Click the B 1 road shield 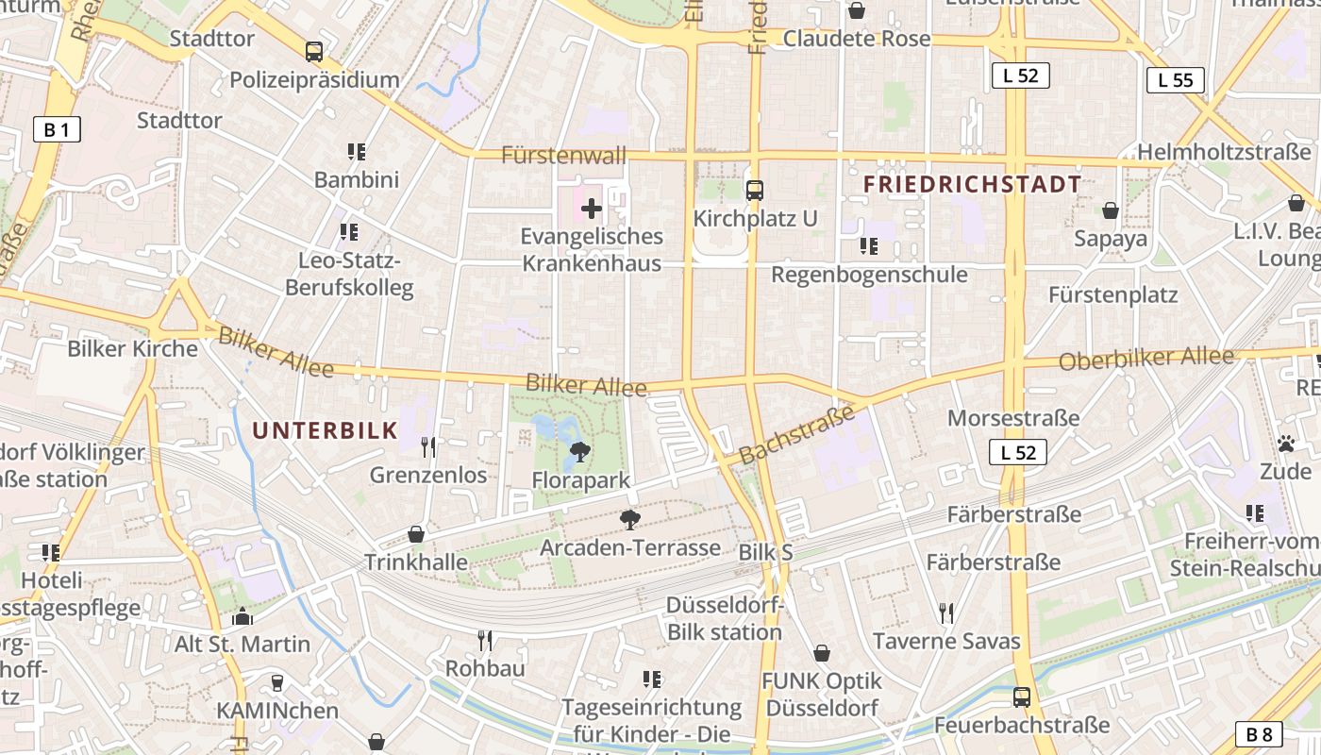click(56, 129)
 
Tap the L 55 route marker click(1175, 80)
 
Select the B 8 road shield click(1259, 734)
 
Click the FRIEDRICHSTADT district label click(972, 184)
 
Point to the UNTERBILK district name click(325, 430)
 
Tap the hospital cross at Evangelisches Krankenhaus click(592, 208)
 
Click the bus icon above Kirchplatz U click(754, 191)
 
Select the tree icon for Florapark click(580, 453)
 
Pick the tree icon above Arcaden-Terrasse click(629, 519)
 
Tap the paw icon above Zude click(1285, 443)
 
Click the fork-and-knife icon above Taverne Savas click(946, 613)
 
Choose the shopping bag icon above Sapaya click(1111, 210)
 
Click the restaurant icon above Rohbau click(485, 641)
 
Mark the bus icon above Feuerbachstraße click(1021, 697)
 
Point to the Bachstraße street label click(796, 434)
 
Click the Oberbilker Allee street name click(1145, 359)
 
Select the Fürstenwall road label click(563, 156)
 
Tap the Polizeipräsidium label click(314, 79)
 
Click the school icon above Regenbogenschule click(869, 246)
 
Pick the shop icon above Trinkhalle click(416, 534)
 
